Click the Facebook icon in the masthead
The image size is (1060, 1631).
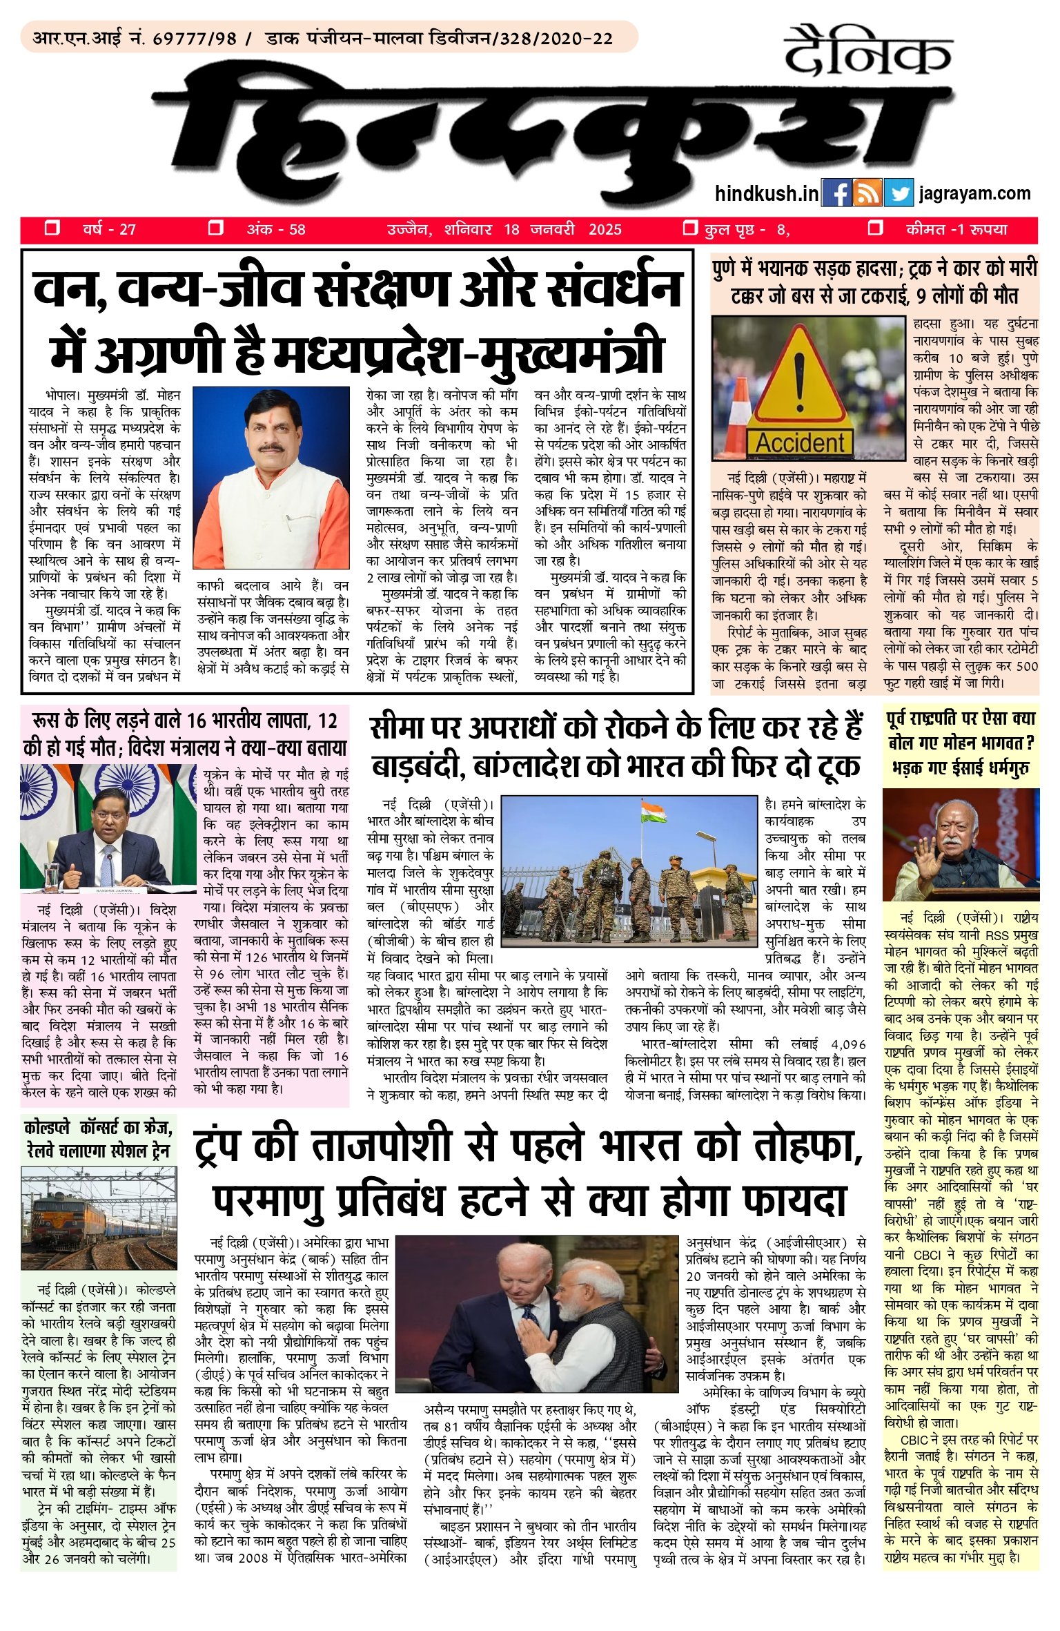[x=837, y=193]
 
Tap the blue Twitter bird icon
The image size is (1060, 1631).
[x=898, y=193]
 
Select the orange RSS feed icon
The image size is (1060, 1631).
[x=867, y=193]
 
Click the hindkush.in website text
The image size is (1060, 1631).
[x=766, y=194]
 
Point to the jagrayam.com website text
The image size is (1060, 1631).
[x=974, y=194]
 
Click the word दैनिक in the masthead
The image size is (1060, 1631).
[x=867, y=52]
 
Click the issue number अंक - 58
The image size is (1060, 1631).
[x=276, y=230]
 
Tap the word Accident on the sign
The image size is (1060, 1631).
[x=801, y=442]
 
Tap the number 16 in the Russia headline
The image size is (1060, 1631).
[x=197, y=721]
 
